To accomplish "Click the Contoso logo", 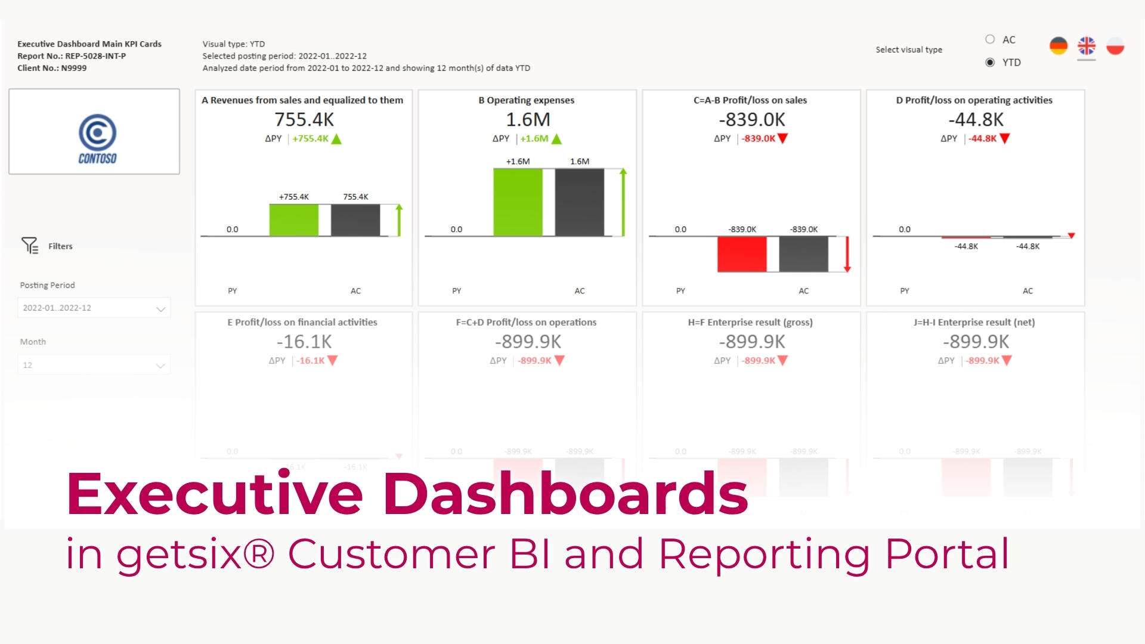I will click(97, 138).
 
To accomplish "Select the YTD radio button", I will click(990, 62).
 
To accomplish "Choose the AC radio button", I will click(990, 39).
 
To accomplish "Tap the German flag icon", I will click(1059, 46).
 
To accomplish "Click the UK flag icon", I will click(1087, 46).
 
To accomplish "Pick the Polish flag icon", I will click(1115, 46).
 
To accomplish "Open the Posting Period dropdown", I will click(94, 308).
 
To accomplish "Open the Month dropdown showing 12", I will click(94, 365).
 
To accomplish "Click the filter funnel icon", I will click(29, 245).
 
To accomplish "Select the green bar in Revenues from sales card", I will click(293, 220).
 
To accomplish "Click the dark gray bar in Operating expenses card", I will click(579, 202).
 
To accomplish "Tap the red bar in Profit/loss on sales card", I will click(741, 254).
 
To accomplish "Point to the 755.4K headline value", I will click(304, 119).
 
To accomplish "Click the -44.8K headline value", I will click(976, 119).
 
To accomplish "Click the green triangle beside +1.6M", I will click(556, 139).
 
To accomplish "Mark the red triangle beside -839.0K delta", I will click(783, 138).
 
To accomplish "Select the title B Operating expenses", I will click(526, 100).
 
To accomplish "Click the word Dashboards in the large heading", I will click(565, 493).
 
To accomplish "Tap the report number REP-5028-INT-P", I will click(95, 56).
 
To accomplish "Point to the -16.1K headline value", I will click(304, 342).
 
